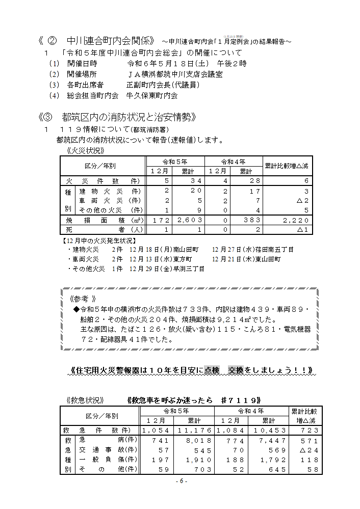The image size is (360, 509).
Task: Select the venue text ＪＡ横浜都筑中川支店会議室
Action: click(x=174, y=74)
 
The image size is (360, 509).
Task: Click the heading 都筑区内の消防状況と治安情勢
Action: click(x=127, y=118)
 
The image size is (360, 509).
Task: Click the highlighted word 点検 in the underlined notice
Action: click(x=212, y=369)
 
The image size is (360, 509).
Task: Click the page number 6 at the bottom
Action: click(x=181, y=481)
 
